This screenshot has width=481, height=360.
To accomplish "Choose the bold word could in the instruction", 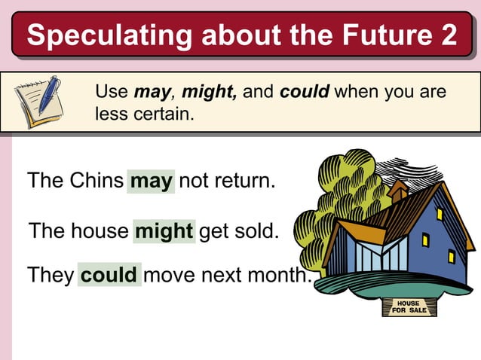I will (305, 93).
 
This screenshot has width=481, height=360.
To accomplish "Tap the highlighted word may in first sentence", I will (152, 182).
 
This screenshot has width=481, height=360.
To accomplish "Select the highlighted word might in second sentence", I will (164, 231).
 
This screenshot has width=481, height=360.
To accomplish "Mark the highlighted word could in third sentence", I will (109, 274).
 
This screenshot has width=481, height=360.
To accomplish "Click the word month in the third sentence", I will (278, 274).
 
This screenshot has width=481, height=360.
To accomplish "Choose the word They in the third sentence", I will (50, 274).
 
